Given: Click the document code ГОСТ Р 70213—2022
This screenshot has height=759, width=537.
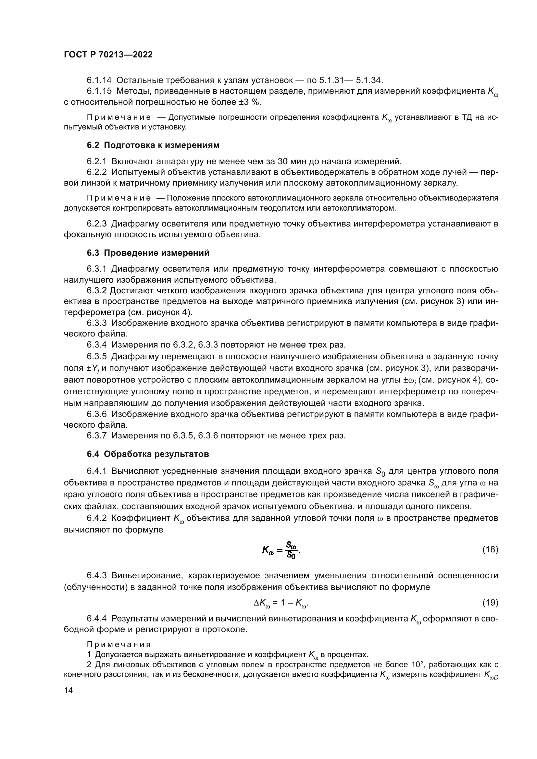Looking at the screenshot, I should click(x=108, y=55).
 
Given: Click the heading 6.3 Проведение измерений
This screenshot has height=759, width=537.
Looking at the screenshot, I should click(x=148, y=253).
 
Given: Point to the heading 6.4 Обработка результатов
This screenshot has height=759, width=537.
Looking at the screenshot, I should click(x=148, y=454).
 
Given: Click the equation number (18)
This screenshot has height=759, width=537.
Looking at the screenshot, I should click(x=490, y=549).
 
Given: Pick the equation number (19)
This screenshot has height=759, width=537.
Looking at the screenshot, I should click(x=490, y=603).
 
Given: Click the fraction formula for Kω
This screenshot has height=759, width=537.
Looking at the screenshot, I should click(x=281, y=550).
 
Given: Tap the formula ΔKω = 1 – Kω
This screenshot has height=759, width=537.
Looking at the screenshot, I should click(x=281, y=603).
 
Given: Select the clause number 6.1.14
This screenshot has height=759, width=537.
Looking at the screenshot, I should click(x=99, y=80).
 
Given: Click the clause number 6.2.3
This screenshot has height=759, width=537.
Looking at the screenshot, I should click(x=96, y=224).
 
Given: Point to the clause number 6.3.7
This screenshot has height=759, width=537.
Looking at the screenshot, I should click(x=96, y=436).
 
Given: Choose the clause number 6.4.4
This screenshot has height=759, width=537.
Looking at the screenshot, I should click(x=96, y=618).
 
